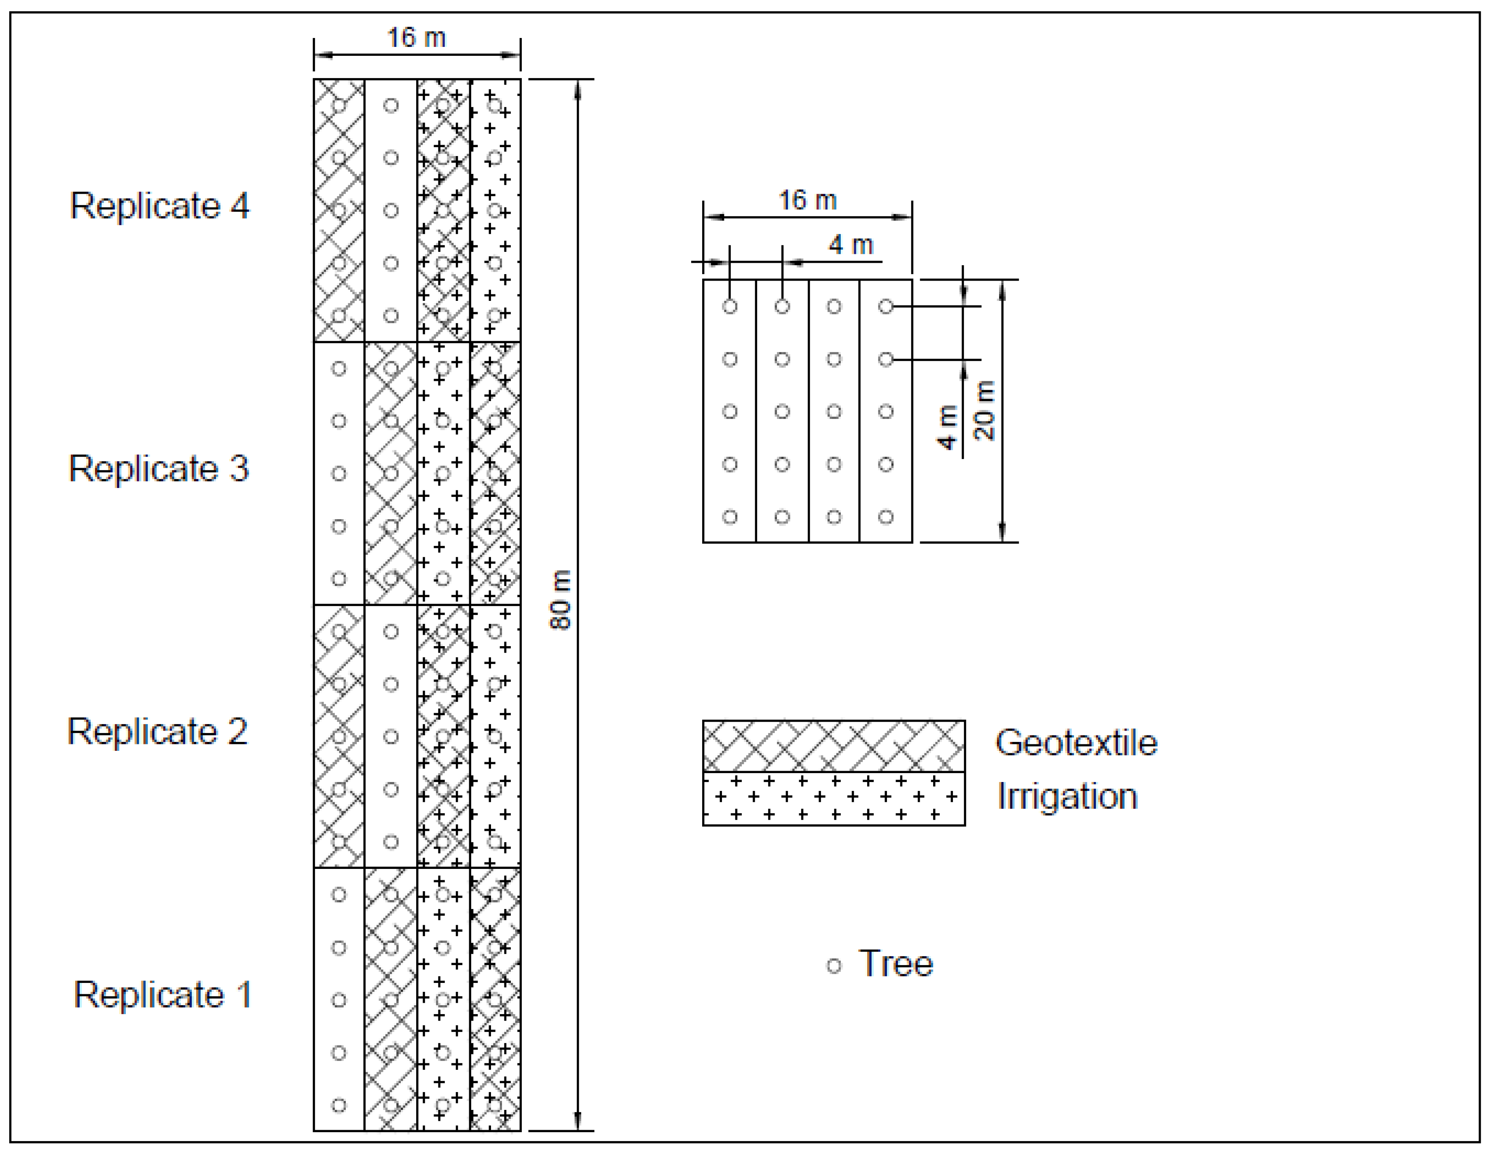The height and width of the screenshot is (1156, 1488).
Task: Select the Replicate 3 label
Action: (159, 469)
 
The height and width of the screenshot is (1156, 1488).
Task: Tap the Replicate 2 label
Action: (157, 731)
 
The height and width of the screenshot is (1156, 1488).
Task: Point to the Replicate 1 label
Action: (162, 995)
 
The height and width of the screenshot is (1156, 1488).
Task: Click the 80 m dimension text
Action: (560, 600)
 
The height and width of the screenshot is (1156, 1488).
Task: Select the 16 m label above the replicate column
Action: (416, 38)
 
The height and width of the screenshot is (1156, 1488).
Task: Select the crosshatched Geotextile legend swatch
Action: (833, 746)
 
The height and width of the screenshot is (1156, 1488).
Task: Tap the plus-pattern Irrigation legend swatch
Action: (833, 799)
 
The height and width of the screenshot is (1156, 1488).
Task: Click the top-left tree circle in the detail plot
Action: (730, 306)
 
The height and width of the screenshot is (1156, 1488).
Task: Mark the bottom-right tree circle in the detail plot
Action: (886, 517)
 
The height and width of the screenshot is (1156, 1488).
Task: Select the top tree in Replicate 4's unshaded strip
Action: (390, 106)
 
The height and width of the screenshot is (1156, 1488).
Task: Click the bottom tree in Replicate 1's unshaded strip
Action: (339, 1105)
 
